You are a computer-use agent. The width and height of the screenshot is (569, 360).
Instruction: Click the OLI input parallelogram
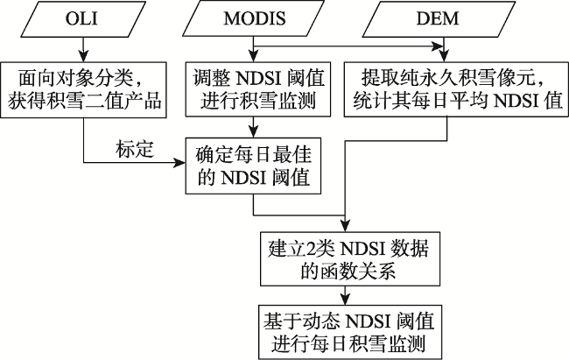(84, 19)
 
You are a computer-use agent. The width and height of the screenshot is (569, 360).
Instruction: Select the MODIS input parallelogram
(253, 19)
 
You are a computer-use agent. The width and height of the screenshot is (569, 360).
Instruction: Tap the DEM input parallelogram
(439, 19)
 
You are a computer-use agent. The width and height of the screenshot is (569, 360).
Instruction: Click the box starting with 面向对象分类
(83, 89)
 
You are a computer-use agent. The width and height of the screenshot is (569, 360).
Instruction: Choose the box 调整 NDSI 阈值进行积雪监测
(258, 89)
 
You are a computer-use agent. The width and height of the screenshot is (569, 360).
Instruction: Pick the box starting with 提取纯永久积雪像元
(456, 89)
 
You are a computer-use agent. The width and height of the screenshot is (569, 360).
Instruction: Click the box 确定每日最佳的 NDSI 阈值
(253, 166)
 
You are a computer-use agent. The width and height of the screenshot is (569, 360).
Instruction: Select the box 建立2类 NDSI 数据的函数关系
(350, 259)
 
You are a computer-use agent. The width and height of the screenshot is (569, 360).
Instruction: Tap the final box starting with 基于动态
(350, 332)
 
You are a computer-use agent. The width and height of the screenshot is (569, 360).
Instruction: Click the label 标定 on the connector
(135, 149)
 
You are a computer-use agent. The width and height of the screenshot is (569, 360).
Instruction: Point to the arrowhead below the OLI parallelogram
(84, 56)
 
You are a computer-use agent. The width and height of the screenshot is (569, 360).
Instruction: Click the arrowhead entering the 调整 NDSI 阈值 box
(254, 56)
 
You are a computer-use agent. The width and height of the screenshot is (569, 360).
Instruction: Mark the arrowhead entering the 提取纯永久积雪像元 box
(444, 56)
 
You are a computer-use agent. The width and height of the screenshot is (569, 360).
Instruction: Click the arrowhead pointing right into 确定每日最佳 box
(179, 163)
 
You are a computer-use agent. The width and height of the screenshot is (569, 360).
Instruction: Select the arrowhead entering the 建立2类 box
(345, 226)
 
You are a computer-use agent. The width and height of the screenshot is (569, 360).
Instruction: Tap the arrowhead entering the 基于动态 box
(345, 299)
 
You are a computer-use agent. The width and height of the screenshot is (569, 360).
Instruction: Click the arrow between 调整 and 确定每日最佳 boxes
(254, 127)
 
